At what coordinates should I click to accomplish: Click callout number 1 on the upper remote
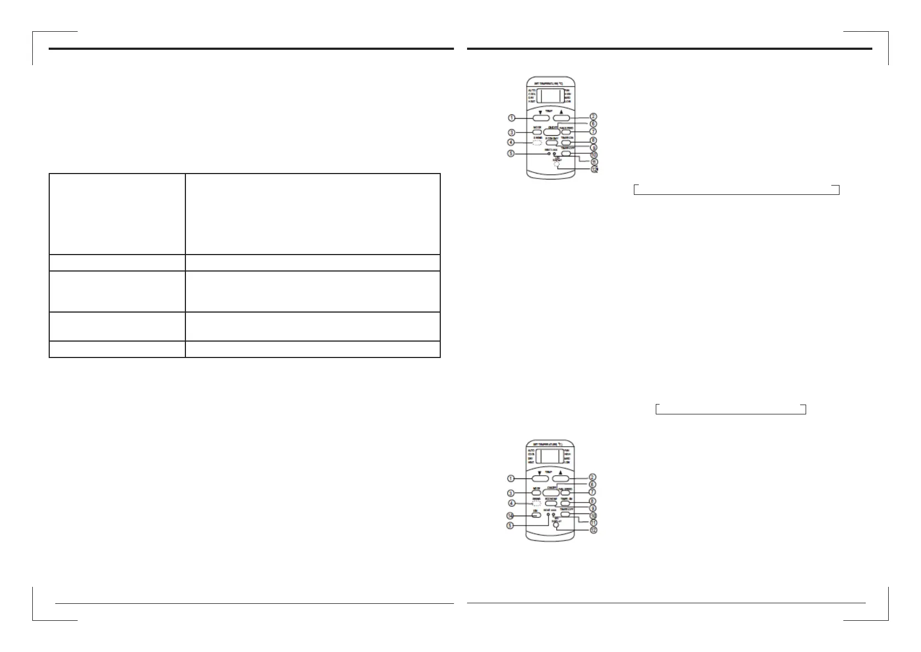[511, 118]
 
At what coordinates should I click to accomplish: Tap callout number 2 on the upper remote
[593, 117]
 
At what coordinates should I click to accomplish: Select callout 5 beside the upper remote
[511, 154]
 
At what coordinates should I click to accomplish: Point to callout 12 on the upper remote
[594, 170]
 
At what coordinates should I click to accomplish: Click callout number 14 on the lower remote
[511, 516]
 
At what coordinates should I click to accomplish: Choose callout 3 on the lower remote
[511, 493]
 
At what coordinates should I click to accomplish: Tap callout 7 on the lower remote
[592, 492]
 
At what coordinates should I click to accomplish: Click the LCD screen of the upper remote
[550, 96]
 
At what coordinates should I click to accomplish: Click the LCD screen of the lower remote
[550, 456]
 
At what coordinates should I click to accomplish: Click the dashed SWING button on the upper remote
[537, 143]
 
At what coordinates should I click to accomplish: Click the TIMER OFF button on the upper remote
[567, 153]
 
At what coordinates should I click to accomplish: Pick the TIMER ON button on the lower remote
[566, 503]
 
